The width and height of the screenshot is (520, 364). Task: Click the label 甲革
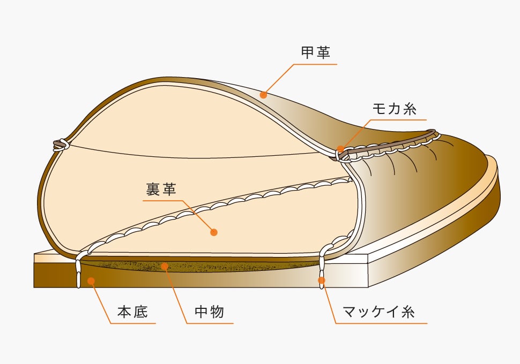pyautogui.click(x=316, y=52)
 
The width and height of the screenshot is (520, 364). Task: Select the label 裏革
pyautogui.click(x=161, y=189)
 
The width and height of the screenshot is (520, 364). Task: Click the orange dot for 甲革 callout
pyautogui.click(x=263, y=95)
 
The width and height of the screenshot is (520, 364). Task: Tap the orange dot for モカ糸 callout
pyautogui.click(x=340, y=148)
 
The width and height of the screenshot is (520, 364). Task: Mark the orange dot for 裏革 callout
pyautogui.click(x=214, y=232)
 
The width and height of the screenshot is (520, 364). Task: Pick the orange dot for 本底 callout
pyautogui.click(x=92, y=280)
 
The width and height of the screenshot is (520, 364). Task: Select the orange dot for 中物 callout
pyautogui.click(x=165, y=266)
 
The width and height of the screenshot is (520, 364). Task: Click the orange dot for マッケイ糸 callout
pyautogui.click(x=322, y=279)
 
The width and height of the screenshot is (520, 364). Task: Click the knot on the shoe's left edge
pyautogui.click(x=60, y=144)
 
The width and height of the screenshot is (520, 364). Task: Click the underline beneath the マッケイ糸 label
pyautogui.click(x=382, y=323)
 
